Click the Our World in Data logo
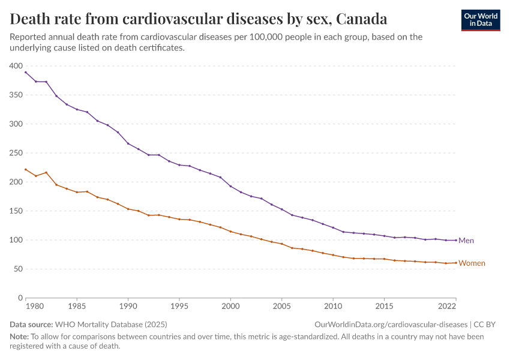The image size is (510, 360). click(x=480, y=20)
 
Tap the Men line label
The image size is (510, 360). click(x=466, y=241)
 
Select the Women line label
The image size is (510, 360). click(x=472, y=263)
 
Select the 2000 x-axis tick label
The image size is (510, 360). click(x=230, y=306)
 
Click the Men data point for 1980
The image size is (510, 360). click(x=25, y=72)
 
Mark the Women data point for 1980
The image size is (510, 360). click(x=25, y=169)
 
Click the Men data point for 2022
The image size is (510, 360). click(x=456, y=240)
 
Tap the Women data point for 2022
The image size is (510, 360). click(x=456, y=263)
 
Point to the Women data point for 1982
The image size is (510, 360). click(x=46, y=172)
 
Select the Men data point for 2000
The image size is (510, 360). click(x=230, y=186)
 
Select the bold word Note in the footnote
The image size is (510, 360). click(x=19, y=337)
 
